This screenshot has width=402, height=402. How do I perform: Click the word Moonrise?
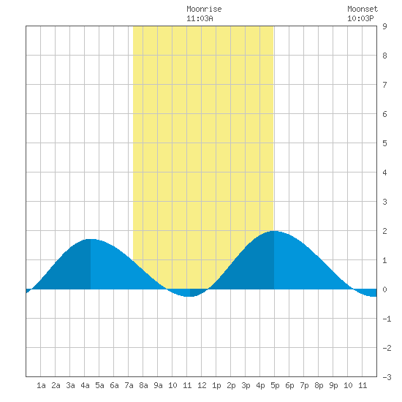204,9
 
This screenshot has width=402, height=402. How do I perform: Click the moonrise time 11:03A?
200,18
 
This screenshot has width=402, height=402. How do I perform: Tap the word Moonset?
363,9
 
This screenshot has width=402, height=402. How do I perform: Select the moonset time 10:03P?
360,18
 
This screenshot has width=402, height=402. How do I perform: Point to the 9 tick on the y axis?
384,26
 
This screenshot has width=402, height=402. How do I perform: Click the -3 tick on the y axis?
387,377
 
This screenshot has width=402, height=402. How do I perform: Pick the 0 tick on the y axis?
384,289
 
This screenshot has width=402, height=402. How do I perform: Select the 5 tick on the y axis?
384,143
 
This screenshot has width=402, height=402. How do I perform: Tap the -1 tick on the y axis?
387,319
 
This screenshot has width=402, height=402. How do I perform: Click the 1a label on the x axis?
41,385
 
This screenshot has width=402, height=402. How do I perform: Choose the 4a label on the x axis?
85,385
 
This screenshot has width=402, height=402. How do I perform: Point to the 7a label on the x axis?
129,385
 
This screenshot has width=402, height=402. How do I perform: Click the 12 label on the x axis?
202,385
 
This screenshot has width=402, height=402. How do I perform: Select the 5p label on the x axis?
275,385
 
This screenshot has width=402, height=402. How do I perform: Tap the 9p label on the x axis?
333,385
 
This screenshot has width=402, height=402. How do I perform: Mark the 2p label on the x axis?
231,385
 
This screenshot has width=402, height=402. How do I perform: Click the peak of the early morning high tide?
91,239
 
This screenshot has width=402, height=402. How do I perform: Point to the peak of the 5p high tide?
274,231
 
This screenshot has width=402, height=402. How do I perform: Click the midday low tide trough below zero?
190,296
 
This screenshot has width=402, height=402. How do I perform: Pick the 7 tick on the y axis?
384,85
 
